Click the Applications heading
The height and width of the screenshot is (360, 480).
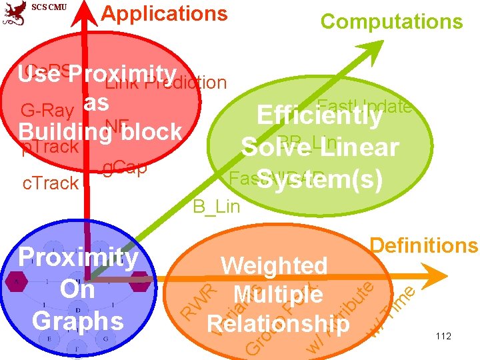click(x=164, y=14)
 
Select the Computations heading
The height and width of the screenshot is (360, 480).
click(x=391, y=22)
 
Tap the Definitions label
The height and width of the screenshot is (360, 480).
click(x=424, y=246)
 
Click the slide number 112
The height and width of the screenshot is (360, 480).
click(x=443, y=337)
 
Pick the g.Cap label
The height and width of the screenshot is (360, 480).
click(x=125, y=168)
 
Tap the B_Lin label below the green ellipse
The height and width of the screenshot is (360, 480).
click(x=216, y=207)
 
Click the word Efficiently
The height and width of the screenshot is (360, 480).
click(x=319, y=116)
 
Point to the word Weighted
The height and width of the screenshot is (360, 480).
click(x=274, y=265)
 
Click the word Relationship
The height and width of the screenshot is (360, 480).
click(x=278, y=323)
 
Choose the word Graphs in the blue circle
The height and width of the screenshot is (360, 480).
click(x=78, y=321)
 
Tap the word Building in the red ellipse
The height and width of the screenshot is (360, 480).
click(x=57, y=131)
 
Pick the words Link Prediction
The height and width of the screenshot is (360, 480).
click(x=166, y=83)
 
